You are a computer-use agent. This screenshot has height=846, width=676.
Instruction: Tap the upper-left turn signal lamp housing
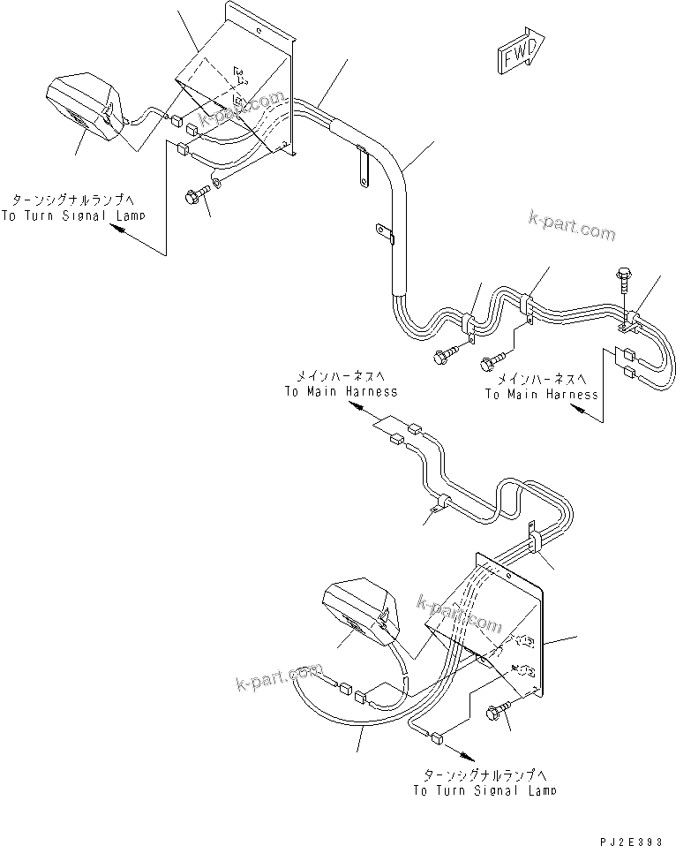point(84,106)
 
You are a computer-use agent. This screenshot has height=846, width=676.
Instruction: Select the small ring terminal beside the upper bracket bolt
point(218,183)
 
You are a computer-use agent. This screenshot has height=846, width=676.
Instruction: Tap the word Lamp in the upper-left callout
point(128,215)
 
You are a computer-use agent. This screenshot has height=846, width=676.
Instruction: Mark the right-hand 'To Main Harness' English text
point(541,395)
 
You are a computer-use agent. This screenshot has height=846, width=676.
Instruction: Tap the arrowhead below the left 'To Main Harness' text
point(352,408)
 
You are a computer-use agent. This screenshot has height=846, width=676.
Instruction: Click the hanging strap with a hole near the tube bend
point(361,168)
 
